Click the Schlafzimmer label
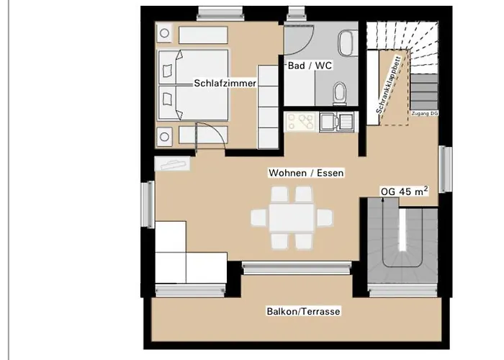(225, 84)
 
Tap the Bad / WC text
(309, 66)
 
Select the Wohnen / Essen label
(306, 173)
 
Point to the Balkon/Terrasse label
(303, 311)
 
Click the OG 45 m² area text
(404, 191)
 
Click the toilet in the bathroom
(340, 91)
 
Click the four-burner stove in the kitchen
(300, 122)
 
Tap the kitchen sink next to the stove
(337, 122)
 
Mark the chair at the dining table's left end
(258, 216)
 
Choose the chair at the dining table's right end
(325, 216)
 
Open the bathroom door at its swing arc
(297, 37)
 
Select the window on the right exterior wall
(444, 168)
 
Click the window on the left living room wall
(151, 204)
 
